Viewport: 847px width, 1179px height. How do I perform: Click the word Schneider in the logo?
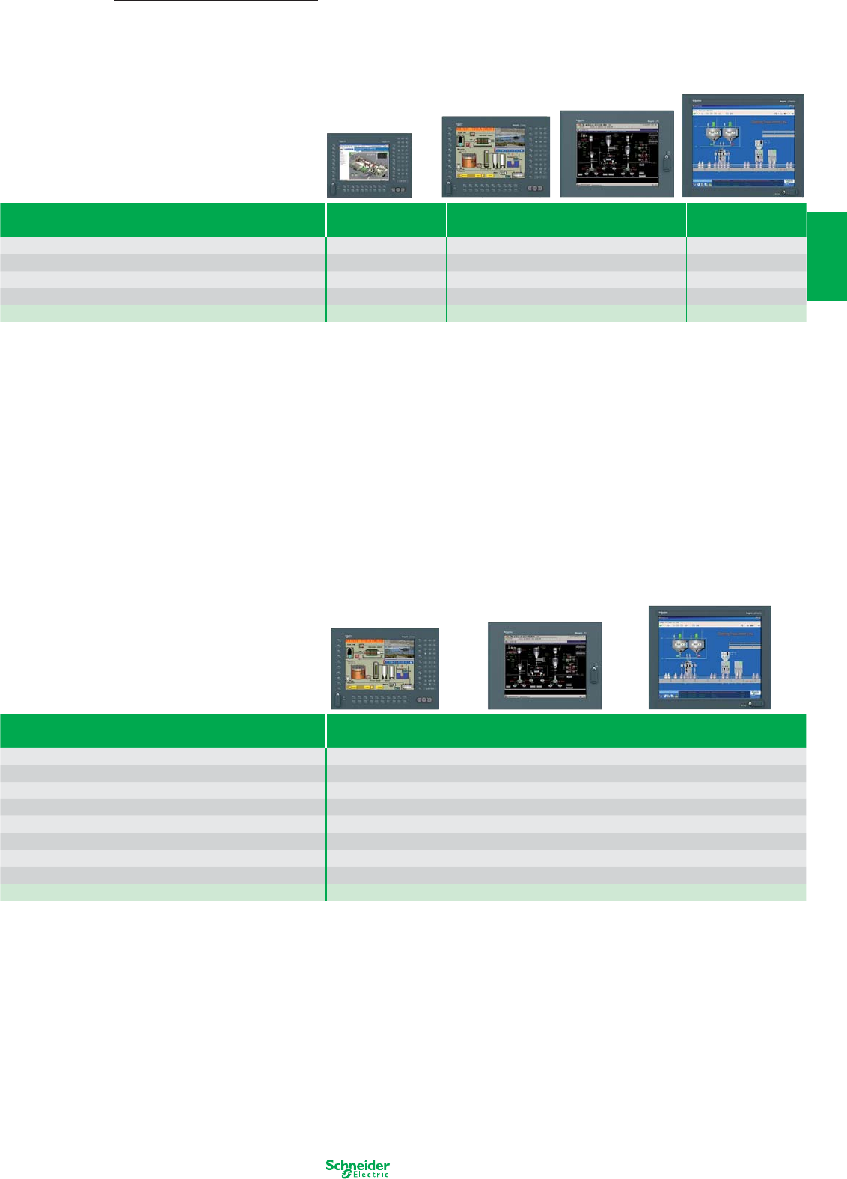[358, 1165]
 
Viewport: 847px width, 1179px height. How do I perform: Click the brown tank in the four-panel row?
[469, 159]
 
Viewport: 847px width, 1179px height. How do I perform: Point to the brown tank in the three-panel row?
[361, 671]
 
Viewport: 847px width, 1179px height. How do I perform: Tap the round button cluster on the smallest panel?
[401, 191]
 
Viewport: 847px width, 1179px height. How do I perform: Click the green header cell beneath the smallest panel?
[386, 220]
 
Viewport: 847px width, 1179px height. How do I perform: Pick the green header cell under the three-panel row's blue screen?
[726, 731]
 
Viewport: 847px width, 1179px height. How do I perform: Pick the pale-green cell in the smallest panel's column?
[386, 313]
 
